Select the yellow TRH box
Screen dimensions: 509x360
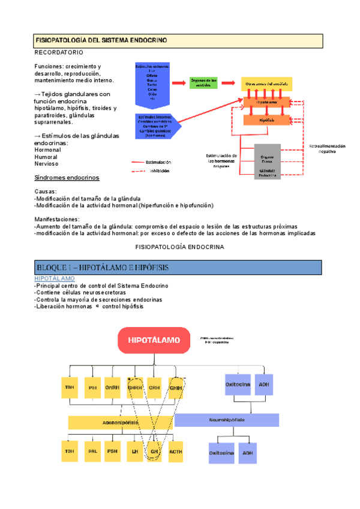pos(69,387)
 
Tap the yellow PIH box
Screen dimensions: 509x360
pos(92,387)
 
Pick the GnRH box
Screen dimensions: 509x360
pos(113,387)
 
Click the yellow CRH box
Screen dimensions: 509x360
pos(154,387)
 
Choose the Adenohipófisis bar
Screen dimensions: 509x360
pos(121,422)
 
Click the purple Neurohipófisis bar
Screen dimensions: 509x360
pos(227,420)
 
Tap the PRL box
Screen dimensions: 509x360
pos(92,451)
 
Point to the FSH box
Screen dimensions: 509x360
pos(113,451)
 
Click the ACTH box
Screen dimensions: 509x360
pos(176,451)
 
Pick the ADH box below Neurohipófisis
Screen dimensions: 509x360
pos(248,453)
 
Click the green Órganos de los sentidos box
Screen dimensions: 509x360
pos(203,82)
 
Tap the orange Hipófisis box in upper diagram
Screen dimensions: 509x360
pos(263,120)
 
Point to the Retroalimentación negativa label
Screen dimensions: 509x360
pos(328,149)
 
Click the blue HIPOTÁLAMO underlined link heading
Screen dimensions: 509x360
pos(54,279)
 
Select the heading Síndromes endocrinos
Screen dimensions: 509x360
pos(67,178)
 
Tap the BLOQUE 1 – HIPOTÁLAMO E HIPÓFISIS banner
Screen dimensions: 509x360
pos(178,267)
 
